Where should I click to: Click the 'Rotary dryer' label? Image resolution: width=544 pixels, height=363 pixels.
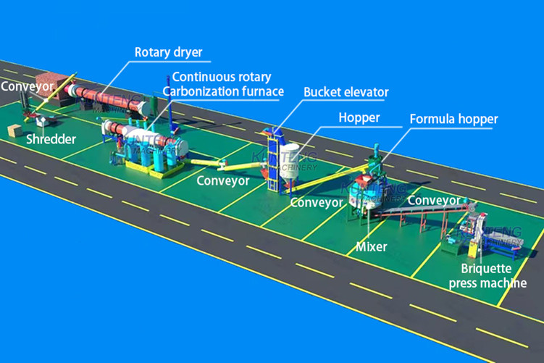click(x=168, y=52)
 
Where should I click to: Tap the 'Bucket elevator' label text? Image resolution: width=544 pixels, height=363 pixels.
click(x=346, y=92)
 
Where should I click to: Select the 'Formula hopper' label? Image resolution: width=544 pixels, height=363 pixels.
click(x=453, y=118)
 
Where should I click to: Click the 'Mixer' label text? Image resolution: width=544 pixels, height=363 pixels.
click(x=372, y=246)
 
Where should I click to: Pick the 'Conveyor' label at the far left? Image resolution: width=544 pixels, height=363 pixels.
click(x=28, y=87)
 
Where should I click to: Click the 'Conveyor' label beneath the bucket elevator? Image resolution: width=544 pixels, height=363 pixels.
click(x=316, y=202)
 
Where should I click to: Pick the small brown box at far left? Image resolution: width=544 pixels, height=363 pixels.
click(x=14, y=130)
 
